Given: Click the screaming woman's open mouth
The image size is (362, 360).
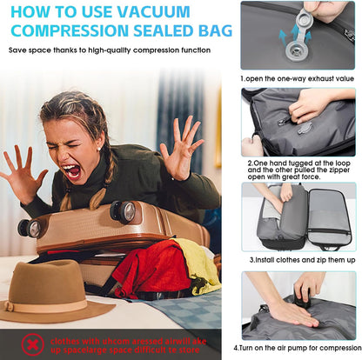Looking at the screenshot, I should (x=72, y=171).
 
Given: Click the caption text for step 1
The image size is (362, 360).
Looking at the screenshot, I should (x=298, y=77).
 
